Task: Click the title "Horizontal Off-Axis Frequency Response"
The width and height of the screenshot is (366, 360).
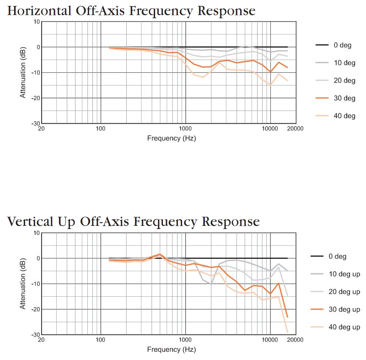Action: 131,11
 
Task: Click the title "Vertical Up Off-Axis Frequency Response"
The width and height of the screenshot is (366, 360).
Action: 133,222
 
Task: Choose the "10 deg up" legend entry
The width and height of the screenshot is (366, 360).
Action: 344,274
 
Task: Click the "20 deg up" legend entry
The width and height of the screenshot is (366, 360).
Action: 344,292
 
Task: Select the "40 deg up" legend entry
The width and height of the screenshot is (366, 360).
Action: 344,327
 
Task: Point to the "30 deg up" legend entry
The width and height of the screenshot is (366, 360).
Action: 344,310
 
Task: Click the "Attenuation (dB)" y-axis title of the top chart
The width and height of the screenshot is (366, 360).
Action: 22,72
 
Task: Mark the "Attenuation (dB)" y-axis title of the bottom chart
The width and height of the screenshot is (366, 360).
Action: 22,284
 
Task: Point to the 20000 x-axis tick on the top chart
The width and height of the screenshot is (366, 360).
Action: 295,129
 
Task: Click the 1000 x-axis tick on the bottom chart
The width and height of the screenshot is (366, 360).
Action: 185,340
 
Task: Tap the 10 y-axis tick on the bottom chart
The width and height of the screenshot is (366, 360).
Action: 36,233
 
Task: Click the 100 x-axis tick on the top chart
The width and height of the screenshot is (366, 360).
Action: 100,129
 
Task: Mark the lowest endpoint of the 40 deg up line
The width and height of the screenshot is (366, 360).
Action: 287,332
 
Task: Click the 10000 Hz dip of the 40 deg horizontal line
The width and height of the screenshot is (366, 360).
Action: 270,85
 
